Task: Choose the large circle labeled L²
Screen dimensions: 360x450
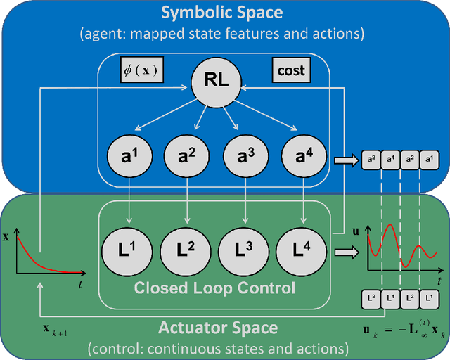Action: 188,249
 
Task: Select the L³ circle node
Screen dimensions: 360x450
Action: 245,249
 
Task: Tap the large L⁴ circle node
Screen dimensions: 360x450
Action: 303,249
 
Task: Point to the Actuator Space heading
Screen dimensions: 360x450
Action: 217,328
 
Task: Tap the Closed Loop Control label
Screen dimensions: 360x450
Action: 214,288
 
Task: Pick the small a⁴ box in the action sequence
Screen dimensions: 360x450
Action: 390,160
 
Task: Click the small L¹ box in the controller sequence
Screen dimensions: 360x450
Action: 428,299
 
